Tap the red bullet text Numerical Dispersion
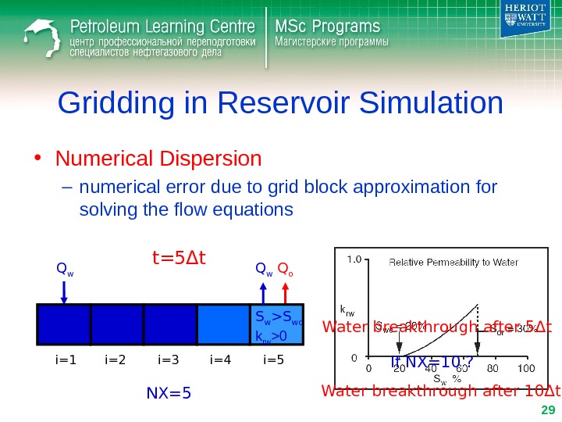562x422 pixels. [x=158, y=159]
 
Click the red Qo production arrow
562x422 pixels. [x=286, y=292]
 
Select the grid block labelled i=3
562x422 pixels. [x=169, y=324]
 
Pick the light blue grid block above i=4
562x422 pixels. [x=222, y=324]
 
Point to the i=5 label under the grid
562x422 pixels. [x=274, y=360]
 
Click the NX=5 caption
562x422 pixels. [x=169, y=392]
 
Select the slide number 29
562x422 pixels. [x=546, y=411]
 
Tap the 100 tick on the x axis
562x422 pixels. [x=525, y=368]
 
